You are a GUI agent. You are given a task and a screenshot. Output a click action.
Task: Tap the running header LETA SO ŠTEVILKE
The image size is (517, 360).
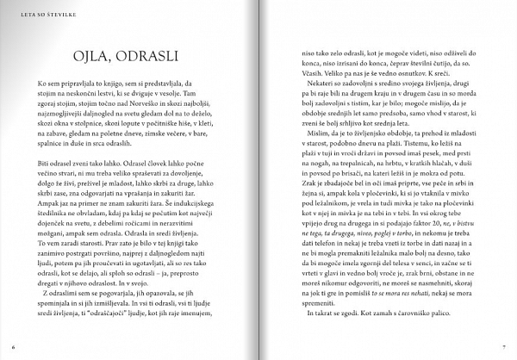point(34,13)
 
